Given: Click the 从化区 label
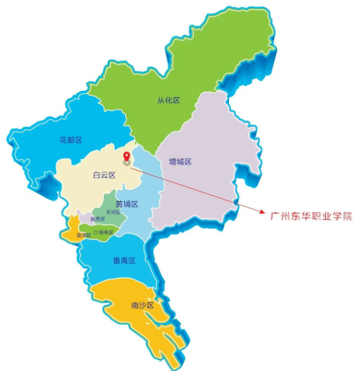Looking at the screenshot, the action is click(x=168, y=99).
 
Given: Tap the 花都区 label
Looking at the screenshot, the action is click(x=71, y=140).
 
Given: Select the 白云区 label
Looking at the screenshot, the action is click(x=103, y=175).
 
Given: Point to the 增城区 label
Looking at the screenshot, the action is click(x=180, y=162).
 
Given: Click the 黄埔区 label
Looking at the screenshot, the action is click(x=126, y=204).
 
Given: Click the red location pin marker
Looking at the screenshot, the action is click(x=126, y=158).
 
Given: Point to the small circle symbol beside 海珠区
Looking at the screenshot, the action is click(x=96, y=232).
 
